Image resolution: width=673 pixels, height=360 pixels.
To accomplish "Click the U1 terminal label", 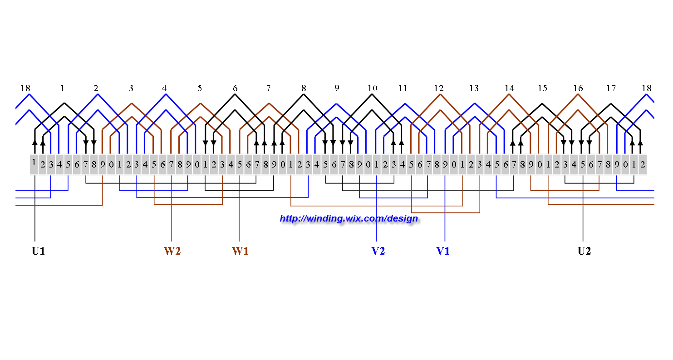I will pos(38,251).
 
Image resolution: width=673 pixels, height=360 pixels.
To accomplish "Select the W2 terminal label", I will pos(172,251).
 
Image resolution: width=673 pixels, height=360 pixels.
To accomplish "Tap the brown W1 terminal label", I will pos(240,251).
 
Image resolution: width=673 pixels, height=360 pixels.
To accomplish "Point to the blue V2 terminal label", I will pos(378,251).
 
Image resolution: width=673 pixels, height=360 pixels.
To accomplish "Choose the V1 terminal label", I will pos(443,251).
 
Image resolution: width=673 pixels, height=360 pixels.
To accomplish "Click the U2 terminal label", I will pos(584,251).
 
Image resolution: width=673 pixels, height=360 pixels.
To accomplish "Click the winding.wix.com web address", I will pos(349,218).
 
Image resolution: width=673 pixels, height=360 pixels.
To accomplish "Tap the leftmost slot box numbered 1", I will pos(34,164).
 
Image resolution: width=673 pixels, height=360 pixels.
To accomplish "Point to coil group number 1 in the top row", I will pos(63,88).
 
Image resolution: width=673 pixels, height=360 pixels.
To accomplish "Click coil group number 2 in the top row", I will pos(96,88).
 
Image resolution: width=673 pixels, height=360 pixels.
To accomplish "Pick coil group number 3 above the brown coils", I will pos(131,88).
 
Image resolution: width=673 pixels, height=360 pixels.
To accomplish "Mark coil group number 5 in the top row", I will pos(200,88).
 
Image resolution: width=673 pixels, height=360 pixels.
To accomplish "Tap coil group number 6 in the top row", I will pos(235,88).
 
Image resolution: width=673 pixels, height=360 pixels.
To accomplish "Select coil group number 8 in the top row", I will pos(304,88).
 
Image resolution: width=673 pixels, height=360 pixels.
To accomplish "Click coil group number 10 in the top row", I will pos(372,88).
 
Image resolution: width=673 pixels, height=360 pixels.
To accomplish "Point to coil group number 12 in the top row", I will pos(438,88).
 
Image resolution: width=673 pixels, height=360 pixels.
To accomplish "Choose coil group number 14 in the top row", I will pos(510,88).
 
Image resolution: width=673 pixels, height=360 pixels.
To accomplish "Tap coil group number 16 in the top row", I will pos(578,88).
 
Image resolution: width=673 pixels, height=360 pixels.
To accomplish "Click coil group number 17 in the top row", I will pos(611,88).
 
